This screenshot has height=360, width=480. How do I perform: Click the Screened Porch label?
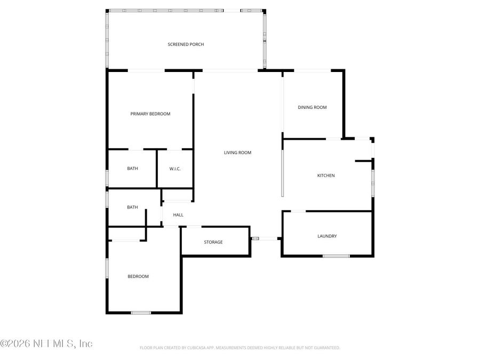click(186, 44)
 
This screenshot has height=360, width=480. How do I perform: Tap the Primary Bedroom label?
click(150, 114)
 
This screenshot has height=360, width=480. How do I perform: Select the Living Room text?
click(237, 153)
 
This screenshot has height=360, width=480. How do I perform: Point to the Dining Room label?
click(312, 107)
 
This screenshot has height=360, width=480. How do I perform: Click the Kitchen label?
click(326, 175)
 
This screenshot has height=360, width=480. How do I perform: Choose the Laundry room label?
click(327, 236)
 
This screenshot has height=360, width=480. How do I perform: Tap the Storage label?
click(213, 242)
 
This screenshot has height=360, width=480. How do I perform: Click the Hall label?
click(178, 215)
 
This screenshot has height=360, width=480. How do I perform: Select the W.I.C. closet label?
click(175, 169)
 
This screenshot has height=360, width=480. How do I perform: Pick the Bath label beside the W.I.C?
click(132, 169)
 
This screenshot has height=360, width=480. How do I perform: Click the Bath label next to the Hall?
click(132, 207)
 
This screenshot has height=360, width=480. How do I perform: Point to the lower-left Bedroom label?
click(138, 276)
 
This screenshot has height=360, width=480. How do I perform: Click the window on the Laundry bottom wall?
click(336, 256)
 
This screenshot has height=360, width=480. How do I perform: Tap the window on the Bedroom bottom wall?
click(141, 313)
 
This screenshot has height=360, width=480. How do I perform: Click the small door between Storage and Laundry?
click(255, 238)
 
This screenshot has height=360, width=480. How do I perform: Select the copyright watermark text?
click(46, 343)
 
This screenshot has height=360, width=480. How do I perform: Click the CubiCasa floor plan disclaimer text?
click(239, 348)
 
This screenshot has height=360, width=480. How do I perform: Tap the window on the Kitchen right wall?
click(372, 181)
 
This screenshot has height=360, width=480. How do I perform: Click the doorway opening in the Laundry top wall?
click(298, 211)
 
